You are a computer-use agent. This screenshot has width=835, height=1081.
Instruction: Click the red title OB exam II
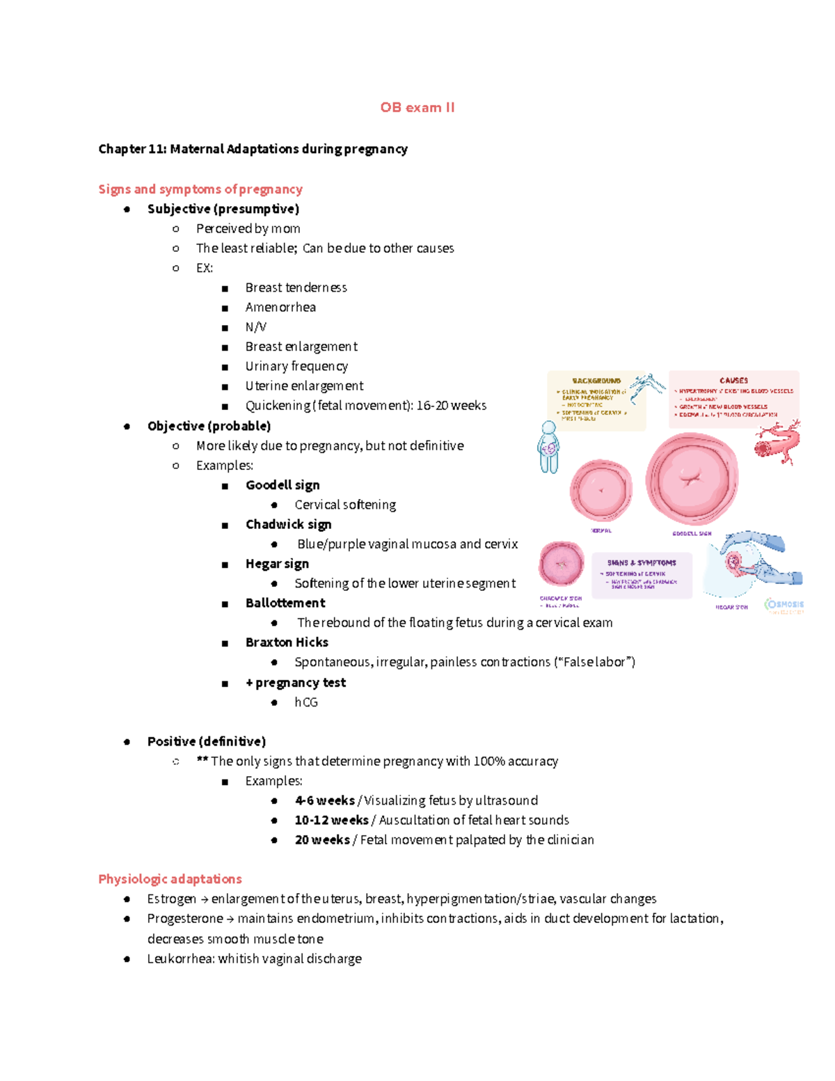pos(417,107)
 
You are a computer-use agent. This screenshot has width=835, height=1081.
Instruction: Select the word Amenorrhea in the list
pos(280,307)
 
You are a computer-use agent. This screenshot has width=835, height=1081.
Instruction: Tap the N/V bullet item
pos(255,326)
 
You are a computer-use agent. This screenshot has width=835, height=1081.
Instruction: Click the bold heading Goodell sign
pos(283,484)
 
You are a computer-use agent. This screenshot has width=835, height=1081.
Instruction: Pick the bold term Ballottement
pos(285,603)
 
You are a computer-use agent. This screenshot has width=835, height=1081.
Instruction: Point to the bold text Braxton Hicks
pos(287,642)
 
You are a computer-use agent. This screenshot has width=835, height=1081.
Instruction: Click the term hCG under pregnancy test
pos(306,702)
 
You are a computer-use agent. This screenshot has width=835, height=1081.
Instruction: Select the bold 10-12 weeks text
pos(331,820)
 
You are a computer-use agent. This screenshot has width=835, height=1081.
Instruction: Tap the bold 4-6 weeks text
pos(324,800)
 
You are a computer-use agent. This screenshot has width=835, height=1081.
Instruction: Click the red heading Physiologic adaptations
pos(170,878)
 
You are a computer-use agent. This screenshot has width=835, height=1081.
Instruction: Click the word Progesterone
pos(185,918)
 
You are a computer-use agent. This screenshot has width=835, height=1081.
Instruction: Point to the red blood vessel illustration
pos(778,443)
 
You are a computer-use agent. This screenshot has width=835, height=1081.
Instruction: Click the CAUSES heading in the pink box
pos(733,380)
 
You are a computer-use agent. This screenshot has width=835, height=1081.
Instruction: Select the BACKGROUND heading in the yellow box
pos(596,381)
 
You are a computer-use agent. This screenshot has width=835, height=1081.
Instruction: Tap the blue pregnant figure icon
pos(548,448)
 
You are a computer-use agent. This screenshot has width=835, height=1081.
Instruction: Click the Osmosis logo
pos(785,605)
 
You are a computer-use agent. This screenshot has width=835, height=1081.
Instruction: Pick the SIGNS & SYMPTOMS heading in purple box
pos(641,562)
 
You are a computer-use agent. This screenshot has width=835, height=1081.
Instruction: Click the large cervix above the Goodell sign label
pos(691,479)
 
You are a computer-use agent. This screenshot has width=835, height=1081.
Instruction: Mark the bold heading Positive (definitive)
pos(207,741)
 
